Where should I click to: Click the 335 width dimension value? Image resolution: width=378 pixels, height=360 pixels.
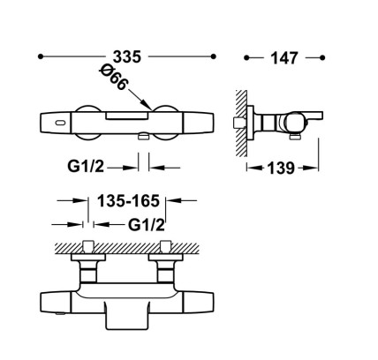click(x=127, y=56)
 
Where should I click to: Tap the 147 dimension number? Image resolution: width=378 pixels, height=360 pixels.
click(x=284, y=58)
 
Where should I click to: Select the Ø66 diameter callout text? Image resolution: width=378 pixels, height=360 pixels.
click(x=114, y=78)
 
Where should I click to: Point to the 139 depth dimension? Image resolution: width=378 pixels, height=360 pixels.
click(x=281, y=169)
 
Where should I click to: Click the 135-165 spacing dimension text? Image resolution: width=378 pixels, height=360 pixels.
click(x=128, y=201)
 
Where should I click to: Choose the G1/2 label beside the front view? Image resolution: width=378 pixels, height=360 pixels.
click(x=86, y=167)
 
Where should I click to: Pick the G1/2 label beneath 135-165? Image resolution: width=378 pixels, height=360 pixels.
click(x=147, y=225)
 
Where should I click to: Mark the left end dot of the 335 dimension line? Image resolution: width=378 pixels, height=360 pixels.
click(x=41, y=56)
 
